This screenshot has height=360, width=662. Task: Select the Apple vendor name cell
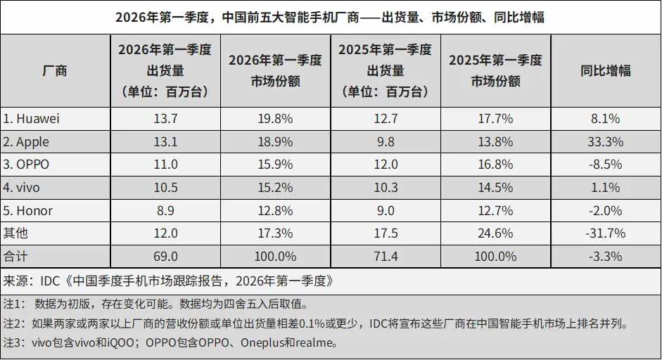(27, 142)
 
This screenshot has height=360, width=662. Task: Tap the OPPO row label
(27, 165)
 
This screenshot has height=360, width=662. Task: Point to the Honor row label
(28, 211)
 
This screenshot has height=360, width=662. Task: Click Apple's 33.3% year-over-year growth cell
(605, 142)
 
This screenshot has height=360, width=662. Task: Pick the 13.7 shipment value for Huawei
(165, 119)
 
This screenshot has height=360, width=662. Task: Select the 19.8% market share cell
(275, 119)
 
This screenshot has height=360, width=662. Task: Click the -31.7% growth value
(605, 233)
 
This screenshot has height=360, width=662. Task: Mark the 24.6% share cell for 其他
(495, 233)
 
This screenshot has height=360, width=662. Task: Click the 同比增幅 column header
(605, 70)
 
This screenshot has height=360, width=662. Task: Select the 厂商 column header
(55, 70)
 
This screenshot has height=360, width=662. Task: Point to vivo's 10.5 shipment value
(165, 188)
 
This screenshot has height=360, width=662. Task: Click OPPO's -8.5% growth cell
(605, 165)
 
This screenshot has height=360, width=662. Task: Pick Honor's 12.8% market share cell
(275, 211)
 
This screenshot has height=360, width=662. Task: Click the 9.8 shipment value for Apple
(385, 142)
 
